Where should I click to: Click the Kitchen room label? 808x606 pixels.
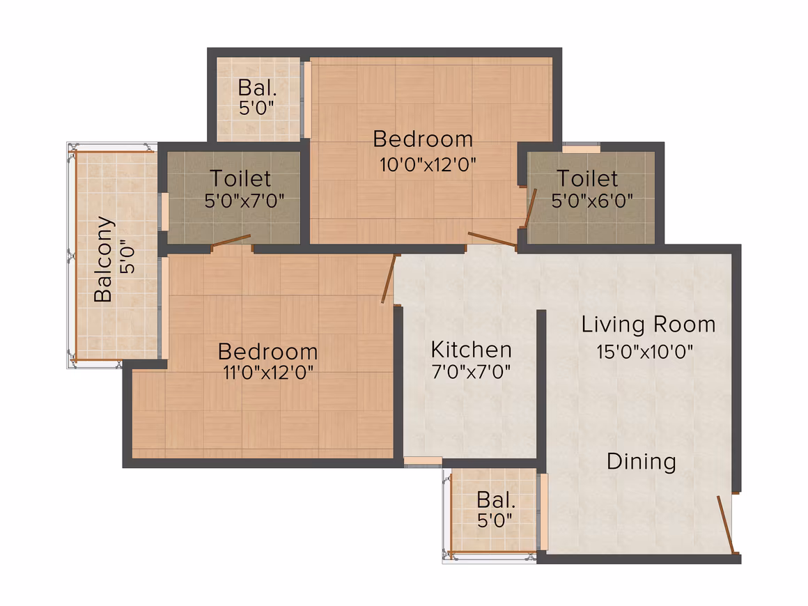472,350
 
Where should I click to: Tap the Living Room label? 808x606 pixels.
648,325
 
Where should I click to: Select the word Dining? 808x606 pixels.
641,462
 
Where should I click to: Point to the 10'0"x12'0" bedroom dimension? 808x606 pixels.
428,165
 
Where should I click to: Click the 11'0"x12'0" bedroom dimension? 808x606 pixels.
268,372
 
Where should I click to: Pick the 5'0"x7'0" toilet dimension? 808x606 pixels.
244,201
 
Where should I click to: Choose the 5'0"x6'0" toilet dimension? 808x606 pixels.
592,201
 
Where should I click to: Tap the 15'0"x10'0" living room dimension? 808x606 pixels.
644,352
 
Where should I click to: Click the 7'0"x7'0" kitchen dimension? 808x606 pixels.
472,371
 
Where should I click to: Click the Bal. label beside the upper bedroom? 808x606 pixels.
257,88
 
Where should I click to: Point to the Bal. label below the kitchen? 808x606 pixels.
496,500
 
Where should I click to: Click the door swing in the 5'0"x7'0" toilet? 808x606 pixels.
231,240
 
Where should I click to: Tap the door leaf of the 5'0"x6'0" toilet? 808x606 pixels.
530,208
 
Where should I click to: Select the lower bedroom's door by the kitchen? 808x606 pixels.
389,278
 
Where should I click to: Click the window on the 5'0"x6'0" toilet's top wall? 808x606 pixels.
581,150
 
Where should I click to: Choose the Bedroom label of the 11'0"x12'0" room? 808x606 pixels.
268,352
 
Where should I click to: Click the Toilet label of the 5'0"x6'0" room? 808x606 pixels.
587,179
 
